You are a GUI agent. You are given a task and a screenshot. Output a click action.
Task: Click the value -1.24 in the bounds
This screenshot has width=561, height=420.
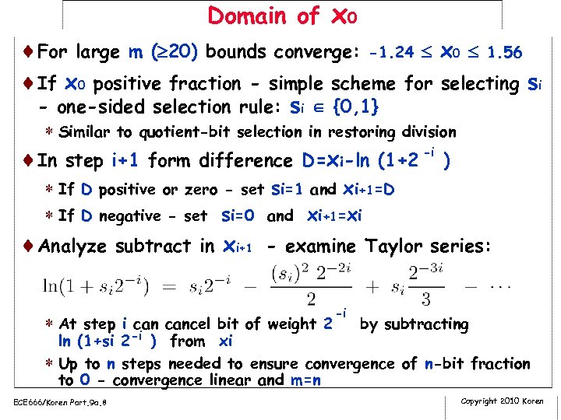[392, 54]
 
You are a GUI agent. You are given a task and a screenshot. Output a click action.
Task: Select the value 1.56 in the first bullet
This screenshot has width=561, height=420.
[504, 54]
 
